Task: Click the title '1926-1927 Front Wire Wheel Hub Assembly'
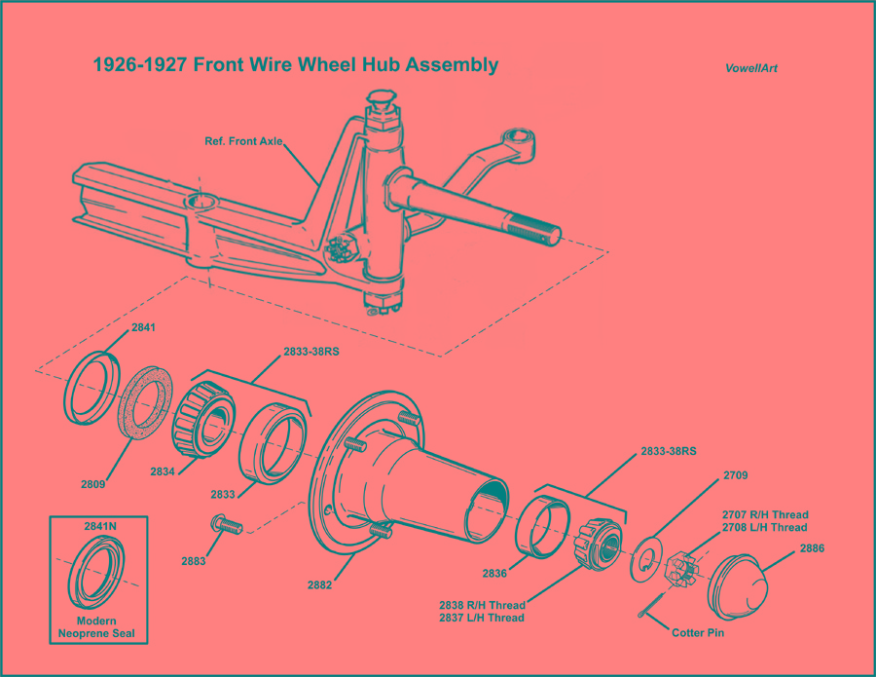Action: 295,65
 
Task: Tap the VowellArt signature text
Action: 750,68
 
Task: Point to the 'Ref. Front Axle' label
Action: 243,141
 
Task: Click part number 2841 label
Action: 142,329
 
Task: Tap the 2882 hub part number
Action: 319,584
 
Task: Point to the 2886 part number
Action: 812,548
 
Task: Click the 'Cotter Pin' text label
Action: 704,632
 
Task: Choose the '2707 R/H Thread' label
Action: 764,514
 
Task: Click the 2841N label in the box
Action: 100,525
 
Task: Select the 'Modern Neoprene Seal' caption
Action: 100,626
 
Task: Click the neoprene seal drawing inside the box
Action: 99,575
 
